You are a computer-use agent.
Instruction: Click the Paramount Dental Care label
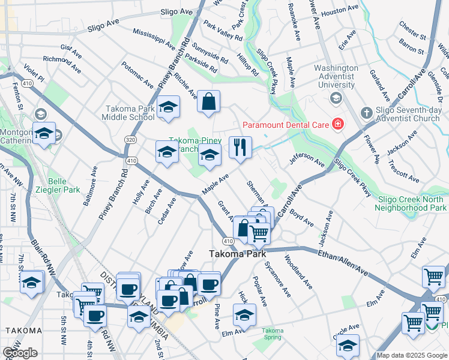coord(285,125)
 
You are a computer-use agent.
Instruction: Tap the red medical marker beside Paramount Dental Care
coord(338,125)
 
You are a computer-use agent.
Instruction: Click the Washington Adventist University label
coord(336,76)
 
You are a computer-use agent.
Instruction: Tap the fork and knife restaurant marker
coord(240,148)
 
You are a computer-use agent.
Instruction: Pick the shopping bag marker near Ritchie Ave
coord(208,103)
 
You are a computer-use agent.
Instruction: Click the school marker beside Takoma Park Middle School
coord(169,107)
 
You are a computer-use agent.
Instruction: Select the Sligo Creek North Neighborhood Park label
coord(411,203)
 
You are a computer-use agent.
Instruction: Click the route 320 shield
coord(130,139)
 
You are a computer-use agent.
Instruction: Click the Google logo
coord(20,353)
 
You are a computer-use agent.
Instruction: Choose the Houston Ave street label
coord(340,11)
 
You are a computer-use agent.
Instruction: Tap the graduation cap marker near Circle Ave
coord(348,346)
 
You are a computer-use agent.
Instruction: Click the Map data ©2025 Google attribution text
coord(412,355)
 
